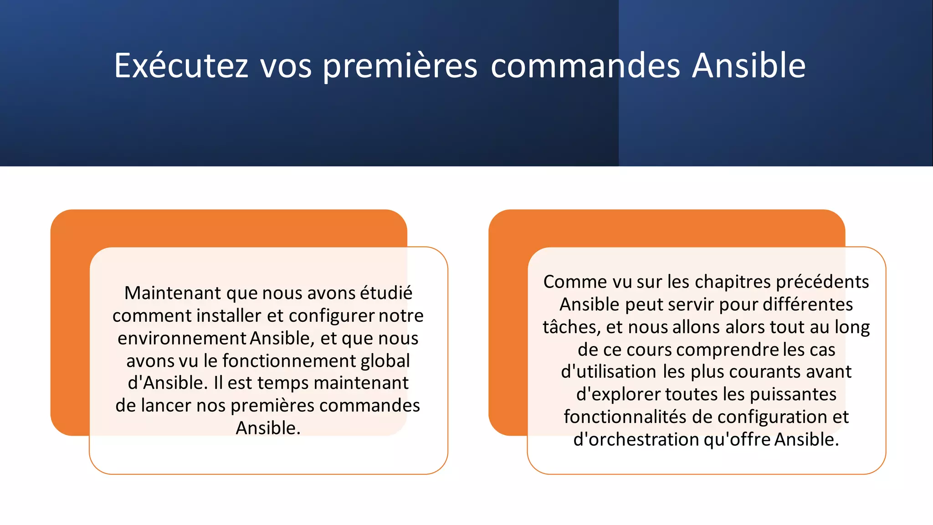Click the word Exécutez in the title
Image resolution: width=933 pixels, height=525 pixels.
point(181,66)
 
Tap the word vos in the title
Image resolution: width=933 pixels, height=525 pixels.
point(286,66)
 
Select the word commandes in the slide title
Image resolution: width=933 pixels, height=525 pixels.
point(585,66)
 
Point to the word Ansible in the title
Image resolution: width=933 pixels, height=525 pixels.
point(749,66)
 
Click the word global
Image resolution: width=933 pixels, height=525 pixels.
point(385,361)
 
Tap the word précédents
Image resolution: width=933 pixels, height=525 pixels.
point(822,282)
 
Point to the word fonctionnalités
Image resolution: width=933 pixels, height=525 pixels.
point(625,417)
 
